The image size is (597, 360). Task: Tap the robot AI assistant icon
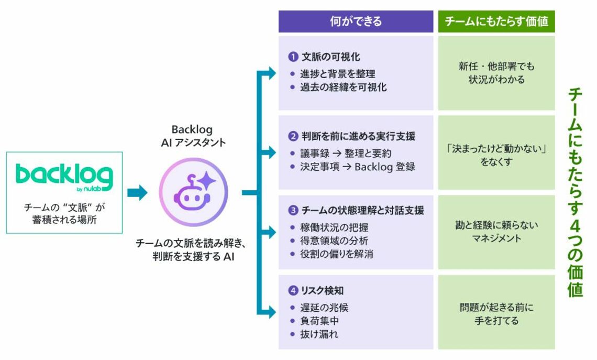click(193, 192)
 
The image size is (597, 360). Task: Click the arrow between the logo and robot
click(137, 192)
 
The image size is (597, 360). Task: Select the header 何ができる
click(356, 21)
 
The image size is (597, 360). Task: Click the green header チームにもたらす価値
click(496, 21)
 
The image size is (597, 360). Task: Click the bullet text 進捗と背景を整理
click(337, 74)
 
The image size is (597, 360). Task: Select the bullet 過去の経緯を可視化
click(343, 88)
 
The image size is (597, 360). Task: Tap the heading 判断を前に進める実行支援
click(358, 137)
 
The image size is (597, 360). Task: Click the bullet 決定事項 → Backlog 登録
click(357, 167)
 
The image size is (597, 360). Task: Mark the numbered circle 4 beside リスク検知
click(293, 290)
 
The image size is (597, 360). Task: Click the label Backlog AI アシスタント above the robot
click(193, 136)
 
